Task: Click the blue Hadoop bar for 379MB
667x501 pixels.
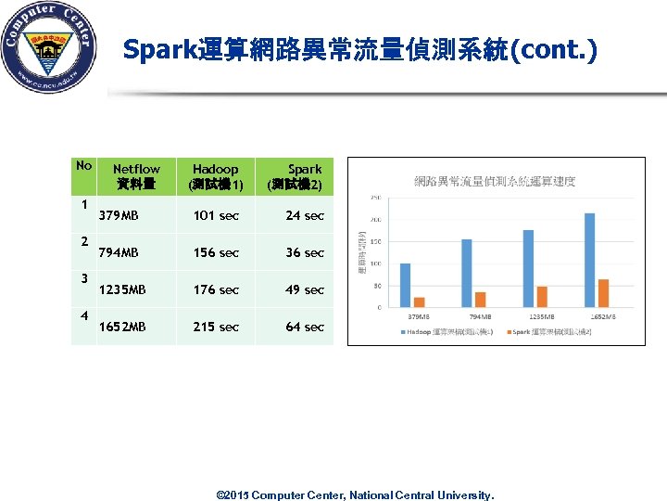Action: [405, 285]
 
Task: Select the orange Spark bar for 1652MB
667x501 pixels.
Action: [603, 293]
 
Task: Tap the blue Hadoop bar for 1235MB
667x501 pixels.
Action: [528, 268]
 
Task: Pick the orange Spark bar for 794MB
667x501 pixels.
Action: [480, 299]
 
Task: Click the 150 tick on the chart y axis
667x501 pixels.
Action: [375, 241]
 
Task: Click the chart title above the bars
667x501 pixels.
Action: [495, 181]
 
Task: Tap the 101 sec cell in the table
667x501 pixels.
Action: [216, 215]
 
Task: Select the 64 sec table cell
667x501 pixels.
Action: [305, 327]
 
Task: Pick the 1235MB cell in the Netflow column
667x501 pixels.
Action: [122, 289]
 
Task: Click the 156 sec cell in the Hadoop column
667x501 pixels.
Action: [216, 252]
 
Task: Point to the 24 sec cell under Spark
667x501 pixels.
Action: [305, 215]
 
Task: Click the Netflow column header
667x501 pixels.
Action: [136, 176]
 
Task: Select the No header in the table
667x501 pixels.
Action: [83, 166]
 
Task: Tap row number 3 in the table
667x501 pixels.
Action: [83, 277]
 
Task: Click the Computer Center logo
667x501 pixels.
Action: [49, 47]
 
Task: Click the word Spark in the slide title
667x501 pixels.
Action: [159, 49]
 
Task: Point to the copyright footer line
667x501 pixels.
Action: [355, 495]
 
